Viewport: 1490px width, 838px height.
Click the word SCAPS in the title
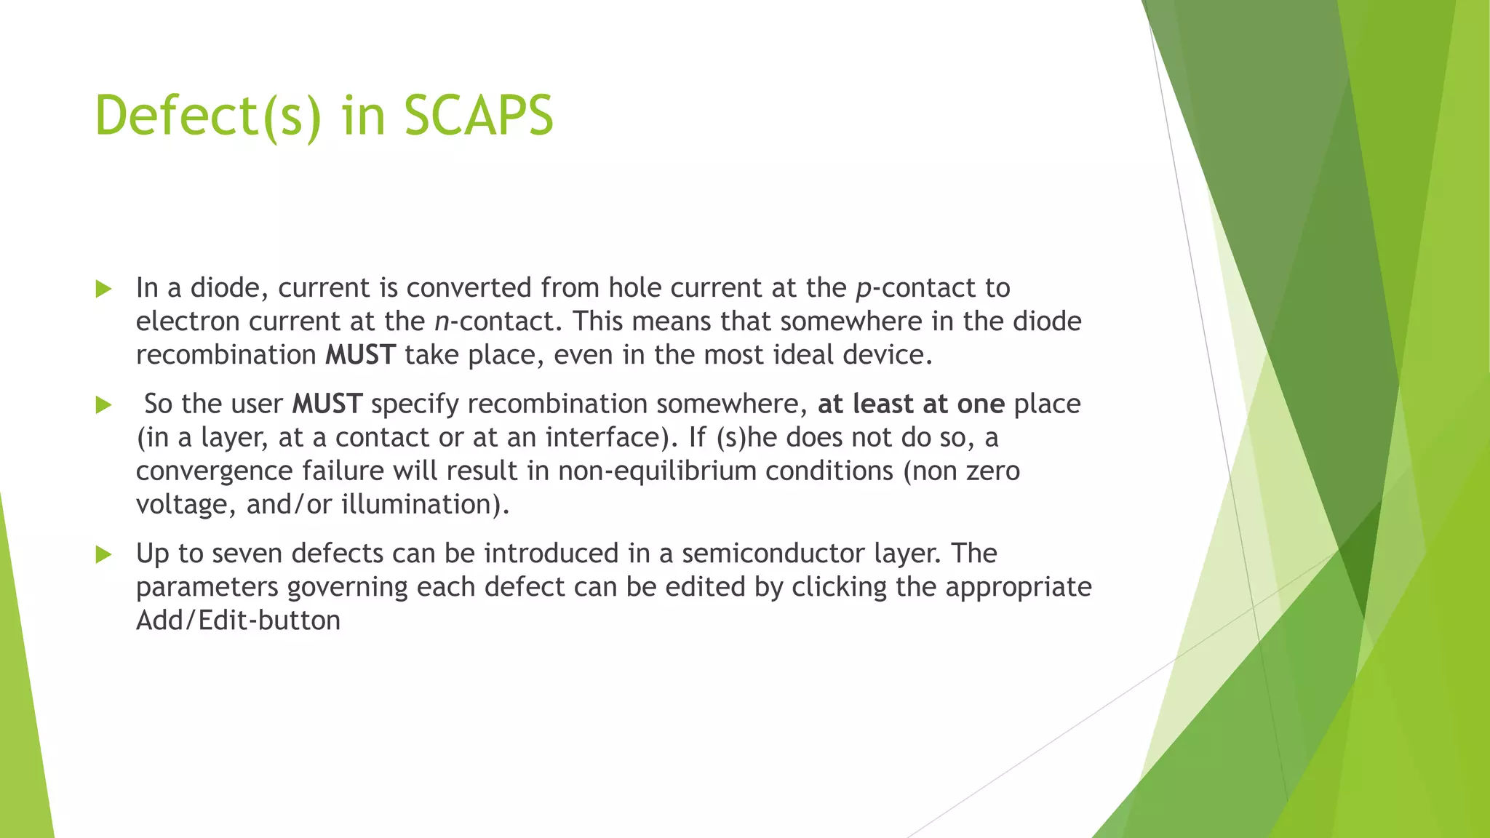click(x=478, y=116)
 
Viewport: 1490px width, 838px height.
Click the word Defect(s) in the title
click(x=207, y=116)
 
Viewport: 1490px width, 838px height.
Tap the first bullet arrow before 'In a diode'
click(x=103, y=289)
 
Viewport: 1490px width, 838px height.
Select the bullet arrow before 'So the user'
click(x=103, y=405)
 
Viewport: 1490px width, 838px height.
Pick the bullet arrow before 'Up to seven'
click(x=103, y=555)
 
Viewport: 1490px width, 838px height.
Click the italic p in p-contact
click(x=864, y=290)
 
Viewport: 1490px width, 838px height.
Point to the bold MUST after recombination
click(x=360, y=355)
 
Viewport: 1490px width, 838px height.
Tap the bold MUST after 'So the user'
click(x=327, y=404)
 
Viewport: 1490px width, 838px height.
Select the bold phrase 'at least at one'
click(x=911, y=404)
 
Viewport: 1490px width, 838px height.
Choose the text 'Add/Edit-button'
click(x=238, y=620)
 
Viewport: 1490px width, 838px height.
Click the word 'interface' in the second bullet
click(x=602, y=437)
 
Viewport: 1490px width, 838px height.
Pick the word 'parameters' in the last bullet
click(x=207, y=588)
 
